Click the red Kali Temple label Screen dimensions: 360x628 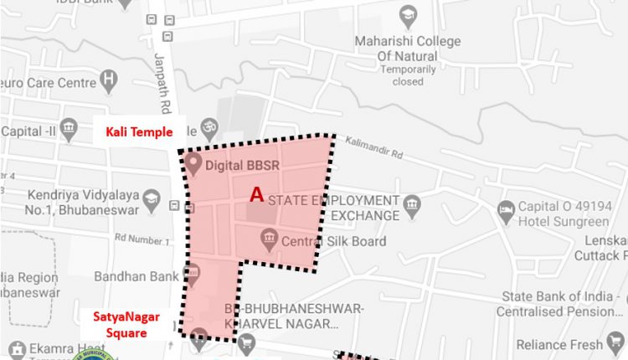click(138, 131)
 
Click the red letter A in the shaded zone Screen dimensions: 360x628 click(258, 194)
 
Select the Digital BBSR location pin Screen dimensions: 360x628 click(193, 161)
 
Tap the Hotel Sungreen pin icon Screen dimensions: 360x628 click(504, 213)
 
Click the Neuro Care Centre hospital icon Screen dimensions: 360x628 click(107, 80)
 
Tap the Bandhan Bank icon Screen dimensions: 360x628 click(191, 273)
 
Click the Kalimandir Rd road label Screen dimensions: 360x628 click(374, 147)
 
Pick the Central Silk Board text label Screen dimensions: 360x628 click(333, 242)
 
